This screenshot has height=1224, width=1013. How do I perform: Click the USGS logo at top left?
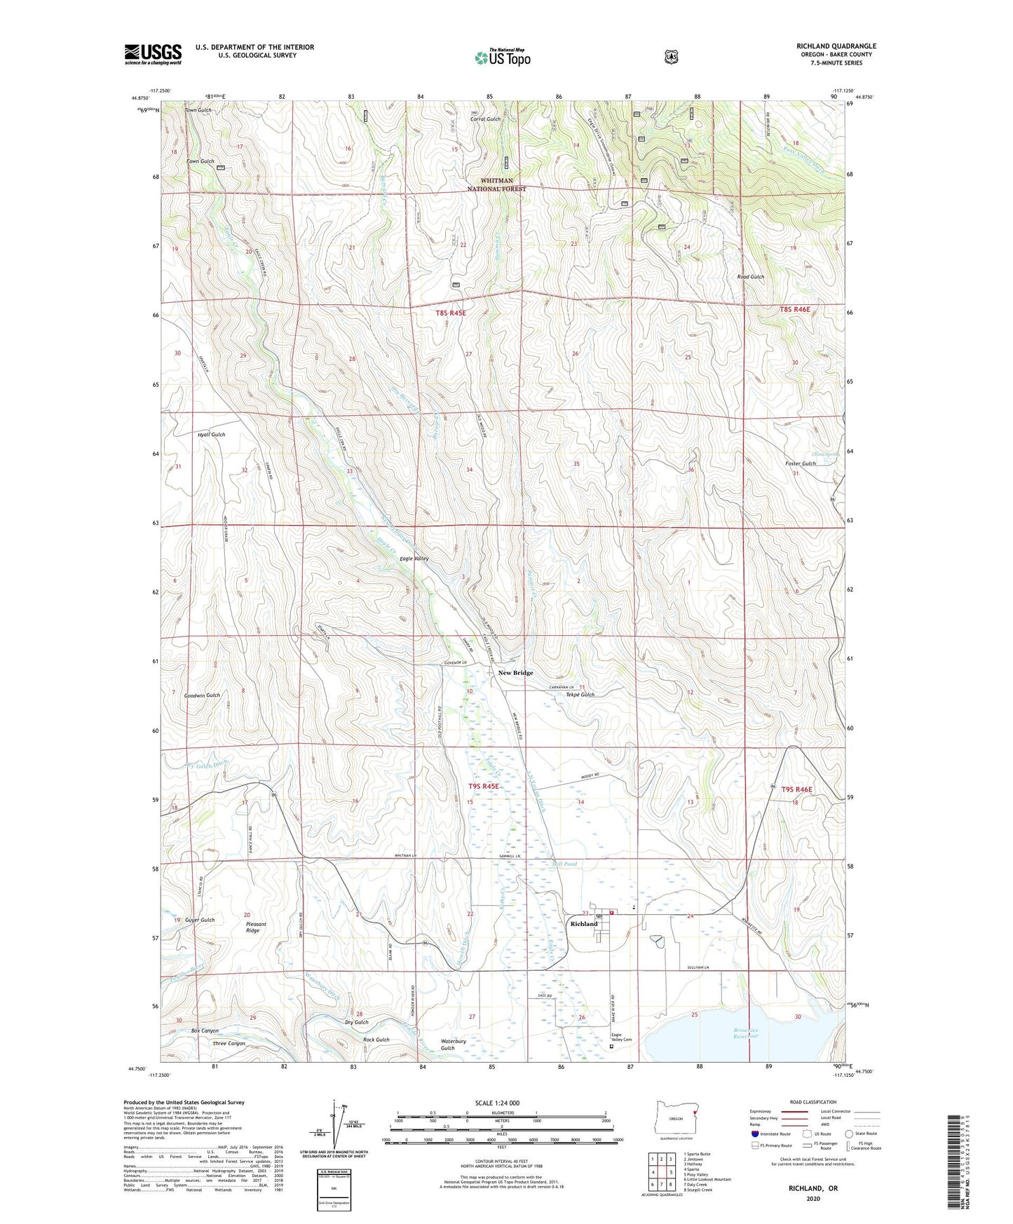click(153, 54)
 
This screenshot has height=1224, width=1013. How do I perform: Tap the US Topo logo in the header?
click(502, 57)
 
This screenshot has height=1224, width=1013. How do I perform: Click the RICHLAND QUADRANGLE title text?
click(836, 46)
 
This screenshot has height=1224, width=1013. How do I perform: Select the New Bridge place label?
click(515, 672)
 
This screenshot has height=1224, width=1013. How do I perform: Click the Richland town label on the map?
click(584, 923)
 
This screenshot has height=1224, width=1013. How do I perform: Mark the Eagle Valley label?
click(414, 559)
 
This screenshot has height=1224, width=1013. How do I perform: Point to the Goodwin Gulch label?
click(202, 695)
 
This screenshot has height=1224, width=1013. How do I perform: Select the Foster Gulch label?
click(800, 463)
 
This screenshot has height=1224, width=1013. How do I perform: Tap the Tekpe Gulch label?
click(580, 695)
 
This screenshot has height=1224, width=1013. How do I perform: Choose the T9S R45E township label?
click(484, 787)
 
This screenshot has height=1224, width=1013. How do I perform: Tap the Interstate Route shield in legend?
click(754, 1133)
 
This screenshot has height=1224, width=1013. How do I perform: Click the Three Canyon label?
click(229, 1043)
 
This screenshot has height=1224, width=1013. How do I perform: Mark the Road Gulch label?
click(750, 277)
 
